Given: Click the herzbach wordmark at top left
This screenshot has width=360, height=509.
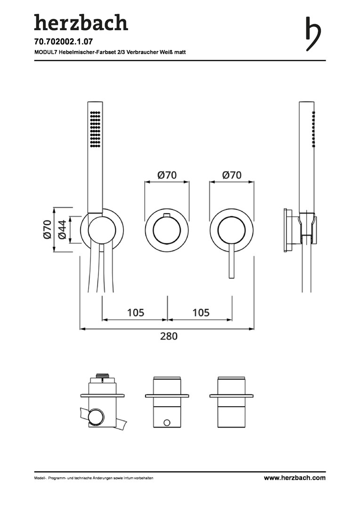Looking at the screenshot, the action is tap(81, 23).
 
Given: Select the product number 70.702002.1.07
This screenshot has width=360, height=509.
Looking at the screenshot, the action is tap(64, 42).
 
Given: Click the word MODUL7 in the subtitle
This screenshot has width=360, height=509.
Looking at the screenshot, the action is tap(44, 52).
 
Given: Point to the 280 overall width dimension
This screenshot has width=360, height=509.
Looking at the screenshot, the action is tap(169, 336).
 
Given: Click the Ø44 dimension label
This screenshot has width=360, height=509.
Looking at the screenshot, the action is tap(62, 229).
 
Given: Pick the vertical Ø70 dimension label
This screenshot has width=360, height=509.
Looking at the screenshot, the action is tap(47, 229).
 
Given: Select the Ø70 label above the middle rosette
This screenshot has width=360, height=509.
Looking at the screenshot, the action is tap(167, 175).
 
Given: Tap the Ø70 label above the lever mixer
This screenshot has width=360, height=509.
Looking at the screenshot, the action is tap(232, 175).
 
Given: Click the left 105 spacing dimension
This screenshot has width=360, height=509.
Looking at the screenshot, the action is tap(136, 312).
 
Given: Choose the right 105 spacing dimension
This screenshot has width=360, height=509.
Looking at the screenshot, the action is tap(201, 312).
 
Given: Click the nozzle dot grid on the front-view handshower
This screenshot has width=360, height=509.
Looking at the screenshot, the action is tap(95, 129).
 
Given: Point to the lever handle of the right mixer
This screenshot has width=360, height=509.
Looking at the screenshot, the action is tap(231, 261).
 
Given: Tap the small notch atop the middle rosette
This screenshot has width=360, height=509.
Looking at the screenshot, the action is tap(167, 214).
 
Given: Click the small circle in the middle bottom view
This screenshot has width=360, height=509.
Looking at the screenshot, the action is tap(167, 423).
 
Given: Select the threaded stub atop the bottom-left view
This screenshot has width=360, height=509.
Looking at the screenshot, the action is tap(102, 376).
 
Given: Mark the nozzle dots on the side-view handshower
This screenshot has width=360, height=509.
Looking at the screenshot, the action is tap(313, 130).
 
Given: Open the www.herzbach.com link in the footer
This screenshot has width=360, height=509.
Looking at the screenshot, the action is tap(295, 478).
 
